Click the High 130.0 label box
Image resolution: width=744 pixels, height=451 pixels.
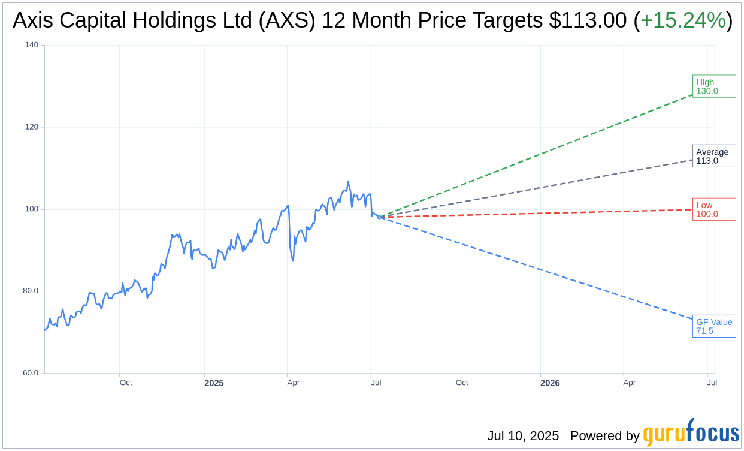pos(713,86)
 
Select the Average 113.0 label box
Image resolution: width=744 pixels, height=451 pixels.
pos(713,156)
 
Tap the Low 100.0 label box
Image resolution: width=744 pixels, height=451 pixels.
pos(713,209)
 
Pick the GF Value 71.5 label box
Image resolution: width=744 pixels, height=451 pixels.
pos(713,326)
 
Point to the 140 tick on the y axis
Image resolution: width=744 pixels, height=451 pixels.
pos(32,45)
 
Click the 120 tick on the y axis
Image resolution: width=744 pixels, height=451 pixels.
pos(32,127)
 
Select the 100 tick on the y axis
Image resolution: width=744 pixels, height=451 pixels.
pos(32,209)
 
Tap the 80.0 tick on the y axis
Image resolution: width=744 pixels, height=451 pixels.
pos(31,291)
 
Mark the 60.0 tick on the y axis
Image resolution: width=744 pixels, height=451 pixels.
pos(31,373)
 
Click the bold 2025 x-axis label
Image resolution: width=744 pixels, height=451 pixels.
pos(214,383)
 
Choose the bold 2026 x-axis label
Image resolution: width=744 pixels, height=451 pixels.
pos(549,383)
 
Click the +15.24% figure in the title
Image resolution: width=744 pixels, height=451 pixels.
pos(683,20)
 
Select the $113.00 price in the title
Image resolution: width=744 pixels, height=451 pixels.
pos(588,20)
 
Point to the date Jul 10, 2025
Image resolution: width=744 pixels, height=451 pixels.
pos(522,436)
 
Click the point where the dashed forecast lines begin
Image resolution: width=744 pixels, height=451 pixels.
pos(382,217)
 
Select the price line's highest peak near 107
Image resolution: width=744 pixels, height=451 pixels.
pos(348,181)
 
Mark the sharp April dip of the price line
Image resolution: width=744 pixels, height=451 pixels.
pos(292,260)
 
